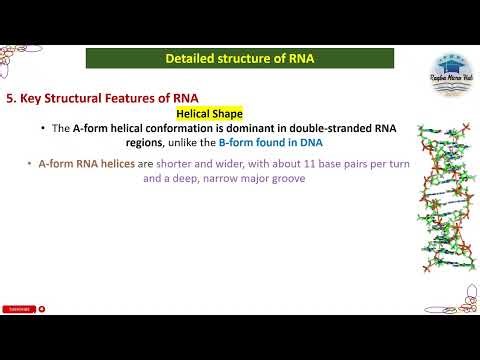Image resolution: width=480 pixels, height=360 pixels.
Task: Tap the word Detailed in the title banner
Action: click(189, 59)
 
